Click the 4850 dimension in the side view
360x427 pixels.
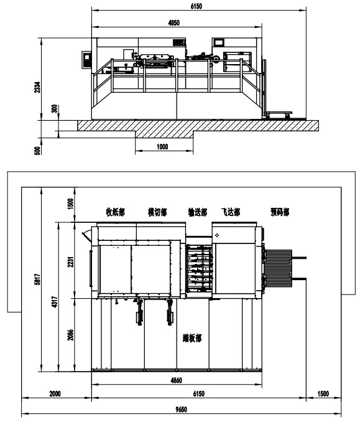pos(173,23)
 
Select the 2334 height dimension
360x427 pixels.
pos(37,87)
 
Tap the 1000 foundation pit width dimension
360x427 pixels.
pos(162,147)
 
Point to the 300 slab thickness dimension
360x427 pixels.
pos(55,109)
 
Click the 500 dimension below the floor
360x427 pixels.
pos(37,151)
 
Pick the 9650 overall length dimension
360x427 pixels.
pos(181,410)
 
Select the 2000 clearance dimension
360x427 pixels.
pos(55,394)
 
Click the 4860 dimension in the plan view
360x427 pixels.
pos(177,380)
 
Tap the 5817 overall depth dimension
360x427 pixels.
pos(37,279)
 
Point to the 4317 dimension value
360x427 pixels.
pos(55,302)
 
